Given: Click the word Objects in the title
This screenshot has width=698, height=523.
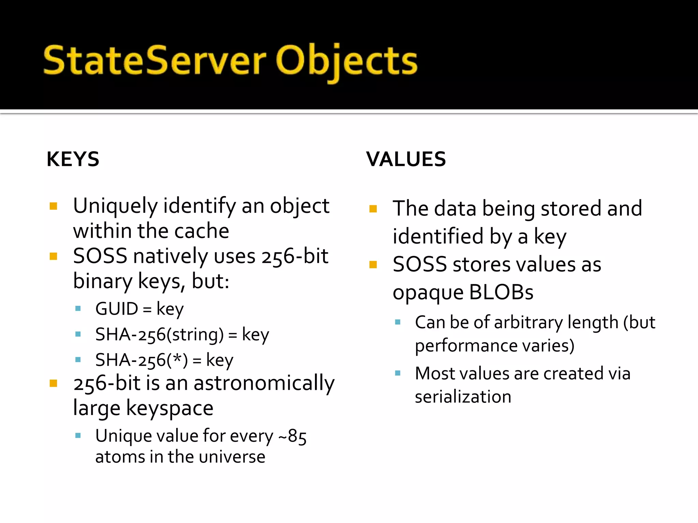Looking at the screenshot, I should [x=346, y=61].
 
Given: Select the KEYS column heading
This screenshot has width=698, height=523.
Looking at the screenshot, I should [x=73, y=159].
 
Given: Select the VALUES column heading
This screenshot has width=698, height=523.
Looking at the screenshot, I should [x=406, y=159].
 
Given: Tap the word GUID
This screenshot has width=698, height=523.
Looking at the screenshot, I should [x=117, y=309].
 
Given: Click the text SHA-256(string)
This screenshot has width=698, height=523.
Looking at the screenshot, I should [x=160, y=334].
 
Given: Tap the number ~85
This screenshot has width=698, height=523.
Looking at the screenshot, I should [x=292, y=436].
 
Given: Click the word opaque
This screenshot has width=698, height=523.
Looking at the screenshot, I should [x=428, y=293].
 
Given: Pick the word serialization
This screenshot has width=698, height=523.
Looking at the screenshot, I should [x=463, y=397].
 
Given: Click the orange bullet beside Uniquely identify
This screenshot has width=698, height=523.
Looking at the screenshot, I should [x=53, y=206].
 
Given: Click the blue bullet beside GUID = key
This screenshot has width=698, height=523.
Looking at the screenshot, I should [x=78, y=309].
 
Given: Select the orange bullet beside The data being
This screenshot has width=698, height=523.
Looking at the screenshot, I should [x=373, y=209].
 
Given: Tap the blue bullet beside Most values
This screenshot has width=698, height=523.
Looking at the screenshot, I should [x=397, y=373].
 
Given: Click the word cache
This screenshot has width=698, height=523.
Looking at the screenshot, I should [x=201, y=231].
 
